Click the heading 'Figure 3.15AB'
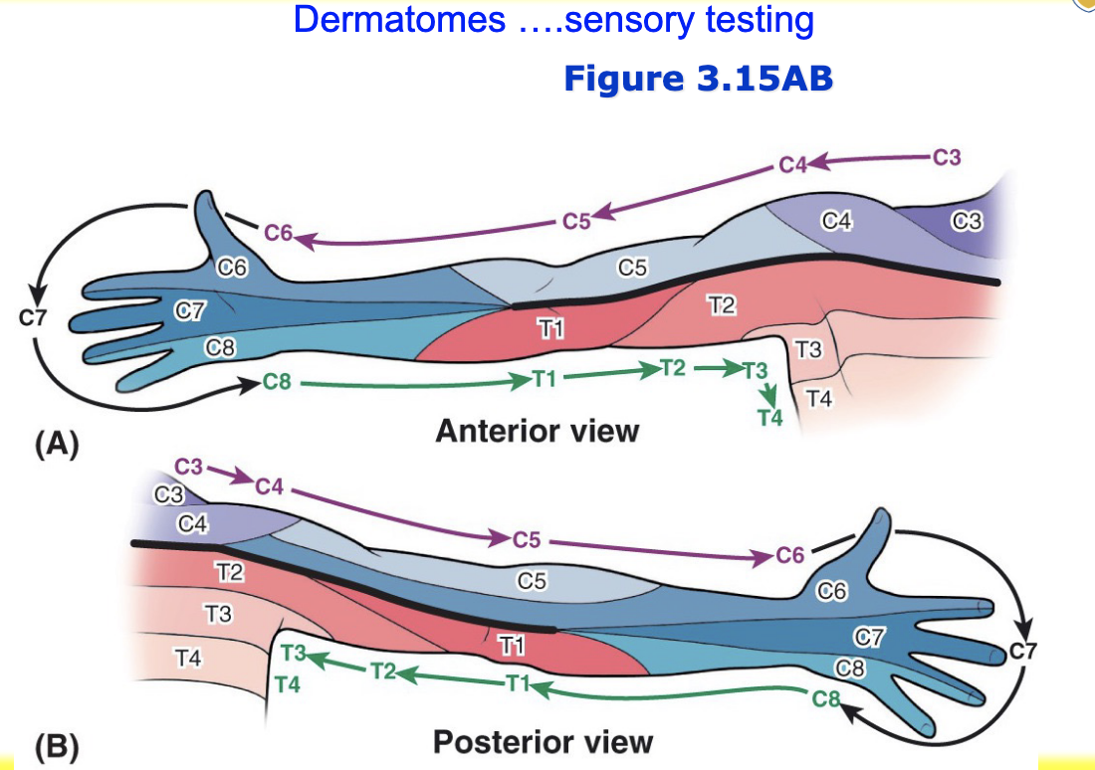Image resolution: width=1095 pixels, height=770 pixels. point(698,79)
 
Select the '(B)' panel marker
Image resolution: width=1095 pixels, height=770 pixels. point(56,745)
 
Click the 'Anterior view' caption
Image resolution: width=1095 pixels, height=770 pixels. point(537,431)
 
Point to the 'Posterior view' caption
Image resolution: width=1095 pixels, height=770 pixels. point(543,741)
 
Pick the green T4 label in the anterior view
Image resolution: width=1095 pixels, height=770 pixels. point(769,418)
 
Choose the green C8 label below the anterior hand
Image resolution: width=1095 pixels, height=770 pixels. point(277,381)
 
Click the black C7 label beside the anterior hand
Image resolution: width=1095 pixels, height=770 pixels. point(33,318)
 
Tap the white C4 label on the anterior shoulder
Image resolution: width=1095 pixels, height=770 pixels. point(837,221)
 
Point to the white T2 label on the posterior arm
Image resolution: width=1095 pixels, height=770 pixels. point(229,573)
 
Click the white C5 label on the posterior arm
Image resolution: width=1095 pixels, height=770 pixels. point(533,580)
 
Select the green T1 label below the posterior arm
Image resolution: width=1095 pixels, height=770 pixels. point(516,682)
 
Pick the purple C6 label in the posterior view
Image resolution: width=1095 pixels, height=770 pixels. point(790,555)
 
